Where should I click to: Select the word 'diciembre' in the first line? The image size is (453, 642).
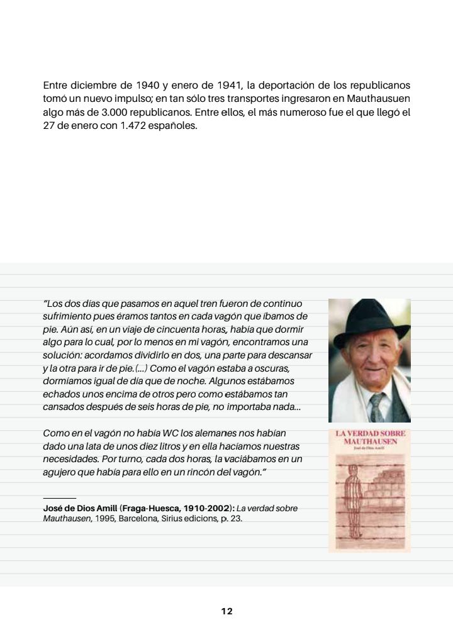tap(92, 85)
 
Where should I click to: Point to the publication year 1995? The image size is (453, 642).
tap(105, 519)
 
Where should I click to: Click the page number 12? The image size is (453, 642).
tap(226, 611)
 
